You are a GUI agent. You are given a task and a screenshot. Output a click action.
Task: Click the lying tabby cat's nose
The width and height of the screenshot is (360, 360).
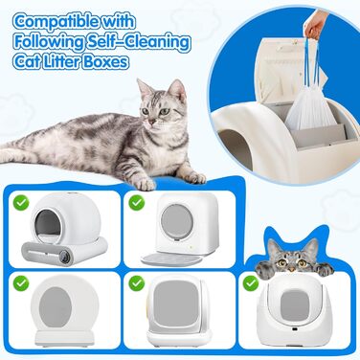pyautogui.click(x=152, y=123)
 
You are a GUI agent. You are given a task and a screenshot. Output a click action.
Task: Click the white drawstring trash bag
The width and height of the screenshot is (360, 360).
pyautogui.click(x=306, y=109)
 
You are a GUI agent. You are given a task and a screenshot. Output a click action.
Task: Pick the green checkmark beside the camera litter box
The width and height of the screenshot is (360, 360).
pyautogui.click(x=21, y=202)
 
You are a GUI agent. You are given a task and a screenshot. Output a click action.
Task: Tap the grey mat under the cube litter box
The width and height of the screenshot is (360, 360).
pyautogui.click(x=171, y=259)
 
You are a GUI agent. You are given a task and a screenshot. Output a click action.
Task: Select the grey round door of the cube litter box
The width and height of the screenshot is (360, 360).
pyautogui.click(x=177, y=222)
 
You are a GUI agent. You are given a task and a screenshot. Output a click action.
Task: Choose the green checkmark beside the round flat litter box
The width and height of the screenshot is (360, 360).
pyautogui.click(x=21, y=282)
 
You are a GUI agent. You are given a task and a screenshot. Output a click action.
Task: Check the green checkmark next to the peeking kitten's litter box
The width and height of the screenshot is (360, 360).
pyautogui.click(x=251, y=282)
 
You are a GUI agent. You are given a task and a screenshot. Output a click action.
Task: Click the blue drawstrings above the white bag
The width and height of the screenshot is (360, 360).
pyautogui.click(x=313, y=60)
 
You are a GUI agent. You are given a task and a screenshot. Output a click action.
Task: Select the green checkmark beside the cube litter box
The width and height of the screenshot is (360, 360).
pyautogui.click(x=137, y=202)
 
